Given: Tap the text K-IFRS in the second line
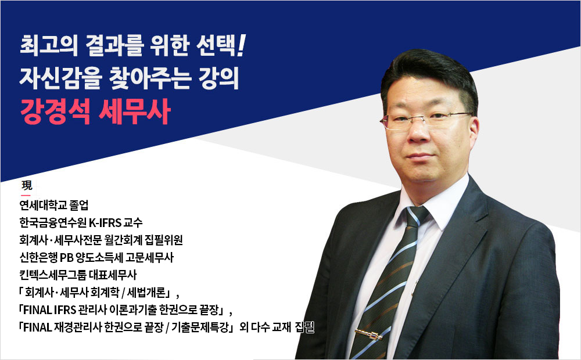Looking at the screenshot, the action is [x=105, y=223].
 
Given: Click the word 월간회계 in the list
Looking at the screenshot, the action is [x=123, y=240].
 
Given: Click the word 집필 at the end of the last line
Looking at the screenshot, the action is [x=304, y=328].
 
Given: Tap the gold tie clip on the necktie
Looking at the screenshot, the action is [x=368, y=334].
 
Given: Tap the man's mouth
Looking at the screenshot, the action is [x=421, y=156].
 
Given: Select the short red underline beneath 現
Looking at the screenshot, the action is [x=26, y=195].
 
